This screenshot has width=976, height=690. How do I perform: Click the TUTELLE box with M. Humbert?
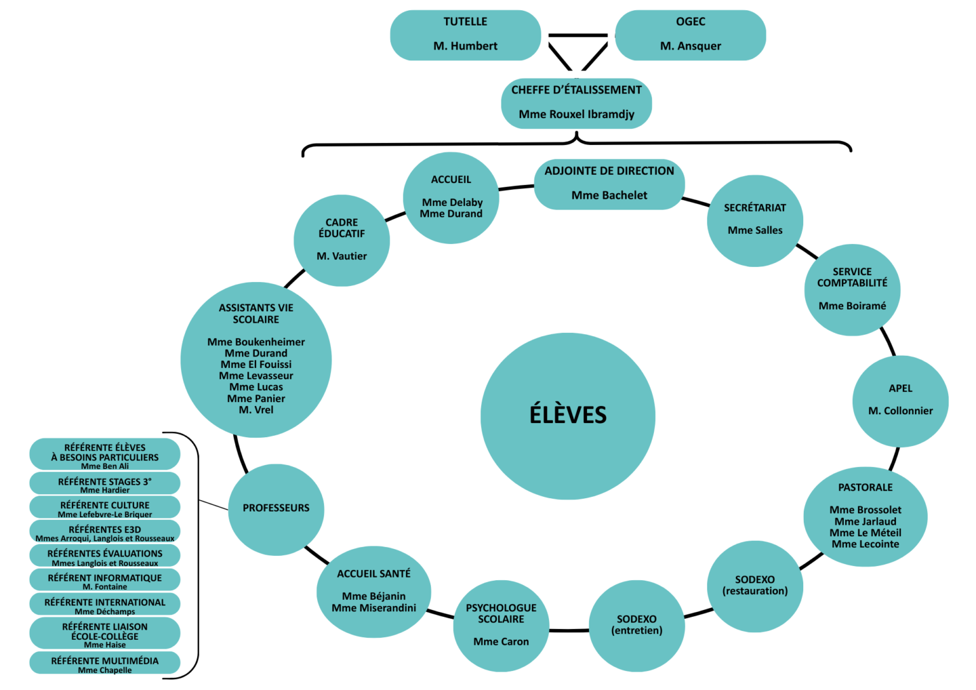tap(465, 35)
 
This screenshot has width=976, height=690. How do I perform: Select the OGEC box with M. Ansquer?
tap(690, 35)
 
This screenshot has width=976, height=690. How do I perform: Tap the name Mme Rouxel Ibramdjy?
tap(576, 114)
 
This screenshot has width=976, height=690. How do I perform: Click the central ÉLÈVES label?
tap(568, 415)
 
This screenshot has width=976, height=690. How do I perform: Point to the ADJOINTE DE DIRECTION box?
tap(609, 184)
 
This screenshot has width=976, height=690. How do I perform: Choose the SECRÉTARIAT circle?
tap(755, 220)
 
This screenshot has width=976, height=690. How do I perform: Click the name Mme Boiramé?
tap(852, 306)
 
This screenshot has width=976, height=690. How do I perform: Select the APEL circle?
tap(900, 400)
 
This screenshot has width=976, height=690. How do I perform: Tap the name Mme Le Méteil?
tap(865, 532)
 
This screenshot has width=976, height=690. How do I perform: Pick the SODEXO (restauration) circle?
tap(755, 586)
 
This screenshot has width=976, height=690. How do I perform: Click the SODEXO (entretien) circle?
tap(637, 625)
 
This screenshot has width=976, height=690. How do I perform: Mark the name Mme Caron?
tap(501, 642)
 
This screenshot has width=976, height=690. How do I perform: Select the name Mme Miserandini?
tap(374, 608)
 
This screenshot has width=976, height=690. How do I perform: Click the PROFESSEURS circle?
tap(276, 508)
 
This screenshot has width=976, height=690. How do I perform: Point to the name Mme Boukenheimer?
tap(256, 342)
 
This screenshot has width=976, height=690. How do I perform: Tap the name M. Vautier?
tap(342, 256)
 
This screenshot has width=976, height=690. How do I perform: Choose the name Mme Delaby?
tap(452, 202)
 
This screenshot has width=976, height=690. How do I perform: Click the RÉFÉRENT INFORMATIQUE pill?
tap(105, 580)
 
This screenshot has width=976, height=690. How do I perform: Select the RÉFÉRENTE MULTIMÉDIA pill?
tap(105, 663)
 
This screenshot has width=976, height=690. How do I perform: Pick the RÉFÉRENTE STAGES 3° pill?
tap(105, 484)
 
